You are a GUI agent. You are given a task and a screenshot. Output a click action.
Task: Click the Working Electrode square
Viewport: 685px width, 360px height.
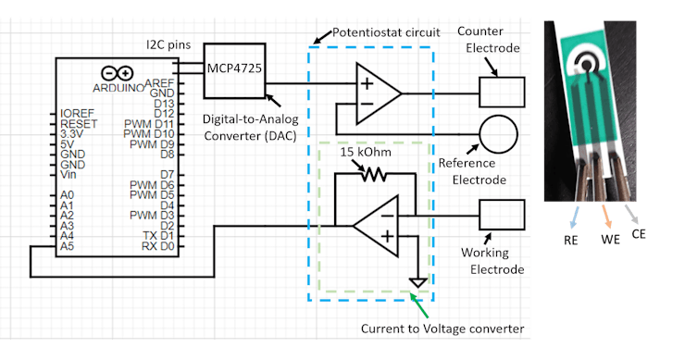(x=501, y=216)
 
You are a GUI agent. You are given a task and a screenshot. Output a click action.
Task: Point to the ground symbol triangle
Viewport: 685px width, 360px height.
(x=418, y=281)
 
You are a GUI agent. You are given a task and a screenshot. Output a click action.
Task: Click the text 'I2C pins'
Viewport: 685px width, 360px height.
(x=168, y=44)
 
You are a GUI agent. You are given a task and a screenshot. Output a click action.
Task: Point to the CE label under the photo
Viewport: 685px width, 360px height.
(x=639, y=234)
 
